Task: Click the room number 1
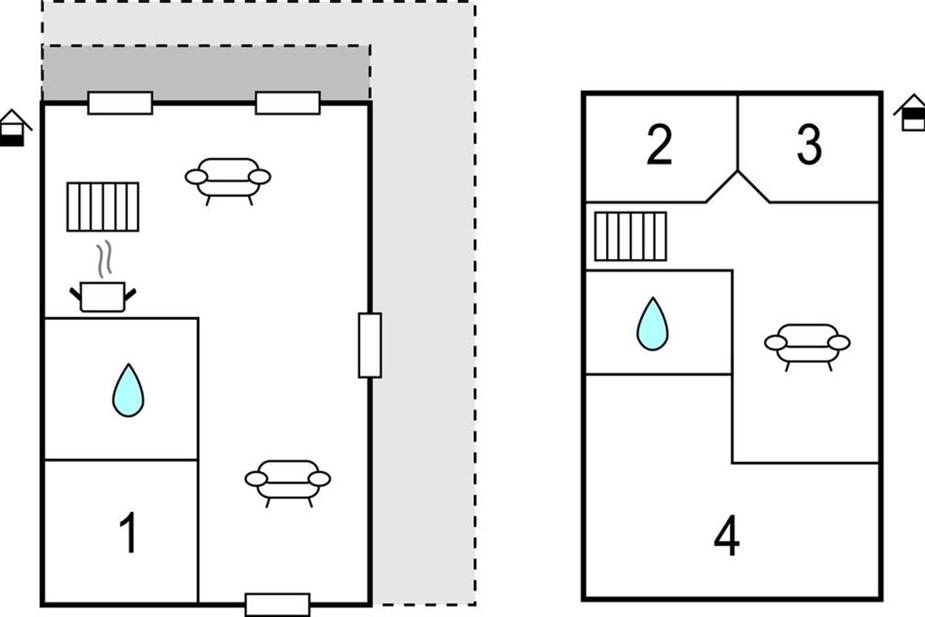129,534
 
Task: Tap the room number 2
659,146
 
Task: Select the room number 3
809,146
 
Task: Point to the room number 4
727,538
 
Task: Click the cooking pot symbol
103,296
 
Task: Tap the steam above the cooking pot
103,260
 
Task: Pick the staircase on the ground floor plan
103,207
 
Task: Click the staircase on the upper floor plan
631,236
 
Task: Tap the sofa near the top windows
228,179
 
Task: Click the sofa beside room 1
288,481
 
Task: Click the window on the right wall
370,345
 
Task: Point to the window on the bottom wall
277,604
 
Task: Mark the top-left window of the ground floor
119,103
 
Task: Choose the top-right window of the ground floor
288,103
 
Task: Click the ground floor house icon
14,128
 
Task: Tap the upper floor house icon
911,113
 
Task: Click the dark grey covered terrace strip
206,72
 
